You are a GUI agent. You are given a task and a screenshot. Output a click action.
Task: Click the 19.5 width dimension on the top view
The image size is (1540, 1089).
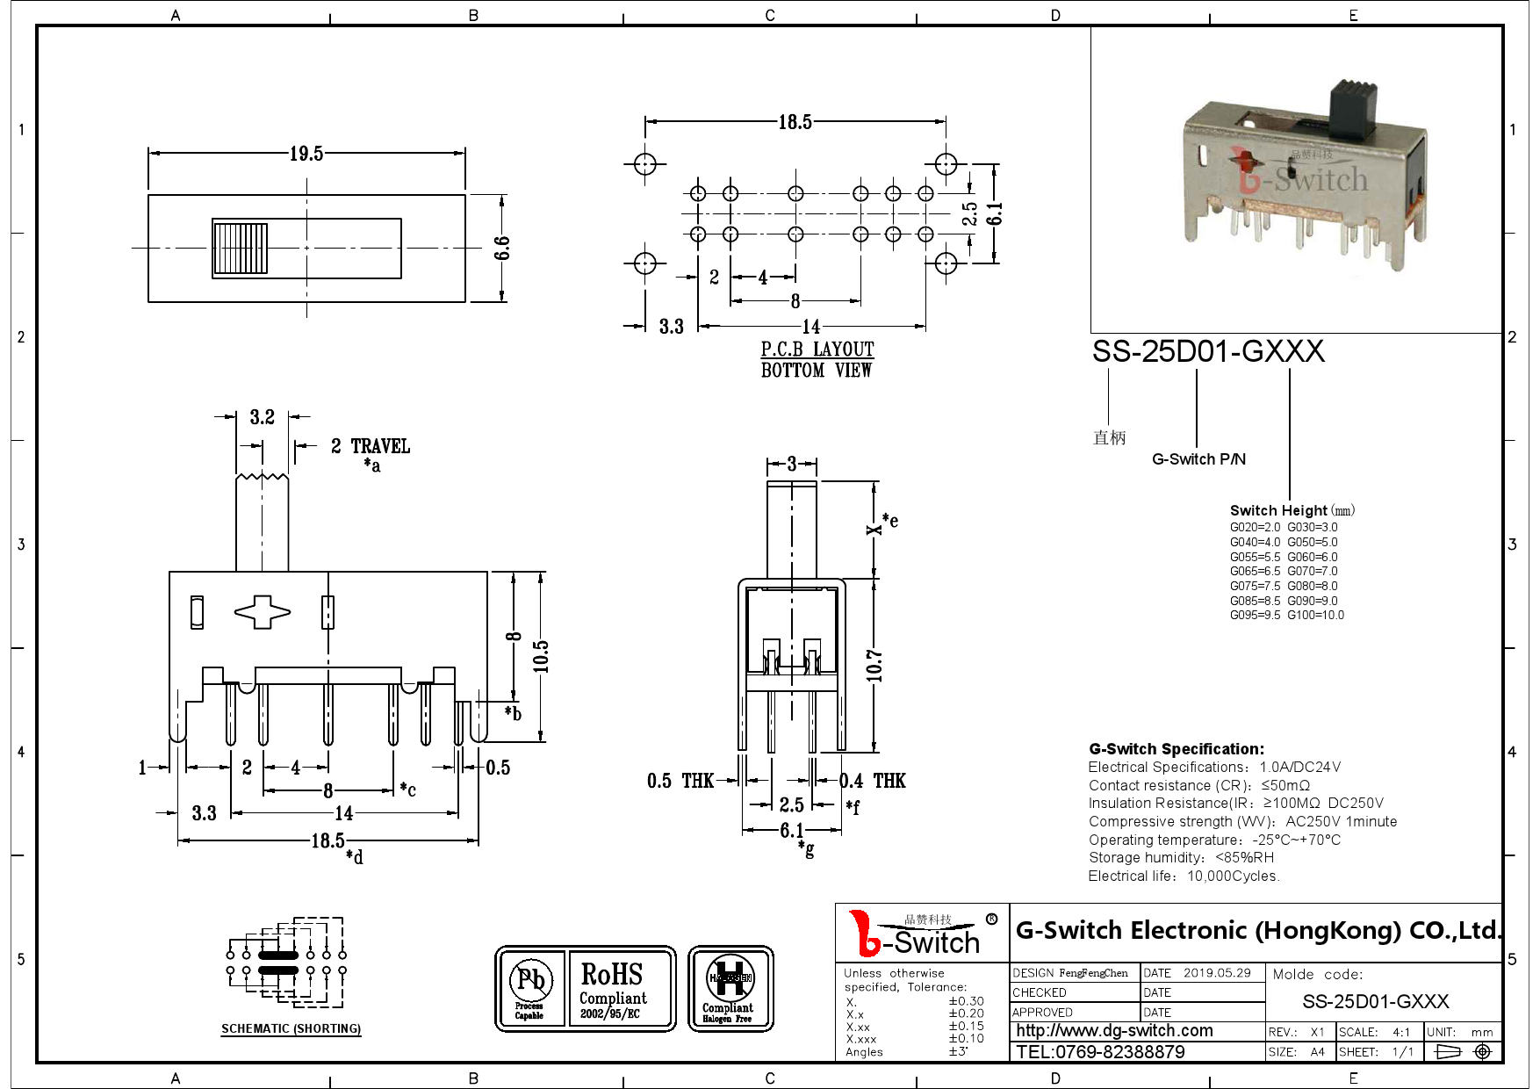click(306, 154)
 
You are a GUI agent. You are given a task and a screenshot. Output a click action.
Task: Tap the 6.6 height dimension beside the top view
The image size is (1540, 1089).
click(502, 249)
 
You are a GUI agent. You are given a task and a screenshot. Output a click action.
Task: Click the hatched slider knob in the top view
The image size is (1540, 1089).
click(240, 249)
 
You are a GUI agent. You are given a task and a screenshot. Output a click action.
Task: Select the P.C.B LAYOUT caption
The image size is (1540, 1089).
click(817, 350)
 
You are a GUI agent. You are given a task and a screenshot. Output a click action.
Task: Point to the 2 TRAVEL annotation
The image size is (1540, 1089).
click(370, 446)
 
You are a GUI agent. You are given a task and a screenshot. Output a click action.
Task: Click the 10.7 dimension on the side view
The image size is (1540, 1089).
click(874, 666)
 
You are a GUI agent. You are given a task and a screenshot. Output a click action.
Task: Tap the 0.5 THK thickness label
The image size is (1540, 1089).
click(680, 781)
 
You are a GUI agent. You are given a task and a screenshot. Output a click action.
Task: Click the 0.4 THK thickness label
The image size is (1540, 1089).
click(873, 781)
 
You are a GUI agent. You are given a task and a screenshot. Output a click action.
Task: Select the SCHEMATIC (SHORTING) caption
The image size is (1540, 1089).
click(291, 1028)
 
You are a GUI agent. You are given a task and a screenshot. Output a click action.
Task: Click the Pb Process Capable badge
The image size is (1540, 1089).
click(529, 988)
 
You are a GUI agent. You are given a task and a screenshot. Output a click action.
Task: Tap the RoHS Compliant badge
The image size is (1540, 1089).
click(613, 988)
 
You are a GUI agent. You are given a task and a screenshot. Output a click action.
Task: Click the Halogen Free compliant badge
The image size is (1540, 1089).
click(730, 988)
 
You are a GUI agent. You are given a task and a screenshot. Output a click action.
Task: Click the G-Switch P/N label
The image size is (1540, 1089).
click(1198, 459)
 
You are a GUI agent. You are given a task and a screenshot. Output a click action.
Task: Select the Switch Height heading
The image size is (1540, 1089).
click(1278, 510)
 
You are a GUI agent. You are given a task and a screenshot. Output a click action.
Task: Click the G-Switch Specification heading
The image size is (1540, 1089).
click(1177, 749)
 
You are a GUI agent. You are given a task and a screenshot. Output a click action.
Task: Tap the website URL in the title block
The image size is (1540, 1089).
click(1114, 1031)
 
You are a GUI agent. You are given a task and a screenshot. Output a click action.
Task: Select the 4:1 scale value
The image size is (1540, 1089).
click(1400, 1032)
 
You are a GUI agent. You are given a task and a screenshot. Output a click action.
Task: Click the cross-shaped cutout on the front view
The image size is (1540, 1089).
click(262, 612)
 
